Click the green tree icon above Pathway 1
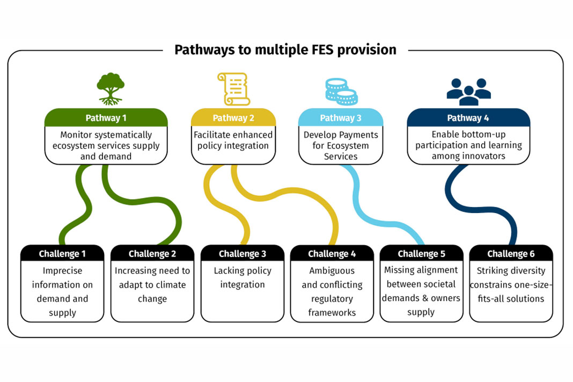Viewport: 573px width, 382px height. pyautogui.click(x=111, y=89)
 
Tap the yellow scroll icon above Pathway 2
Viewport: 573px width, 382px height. pyautogui.click(x=233, y=89)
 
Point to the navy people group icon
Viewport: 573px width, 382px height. pyautogui.click(x=468, y=92)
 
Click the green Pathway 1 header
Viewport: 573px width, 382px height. pyautogui.click(x=106, y=118)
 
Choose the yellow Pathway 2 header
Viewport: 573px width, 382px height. pyautogui.click(x=233, y=118)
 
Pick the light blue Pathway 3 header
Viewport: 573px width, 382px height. pyautogui.click(x=341, y=118)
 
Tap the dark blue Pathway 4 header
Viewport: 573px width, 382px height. pyautogui.click(x=468, y=118)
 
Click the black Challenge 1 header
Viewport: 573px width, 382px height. pyautogui.click(x=62, y=254)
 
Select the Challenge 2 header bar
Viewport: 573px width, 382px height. pyautogui.click(x=152, y=254)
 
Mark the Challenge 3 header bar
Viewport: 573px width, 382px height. pyautogui.click(x=242, y=254)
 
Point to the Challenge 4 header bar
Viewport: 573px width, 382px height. pyautogui.click(x=332, y=254)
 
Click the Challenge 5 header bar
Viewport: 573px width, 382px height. pyautogui.click(x=421, y=254)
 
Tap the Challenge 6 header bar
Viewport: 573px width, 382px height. pyautogui.click(x=511, y=254)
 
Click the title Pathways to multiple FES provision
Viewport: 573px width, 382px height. pyautogui.click(x=285, y=50)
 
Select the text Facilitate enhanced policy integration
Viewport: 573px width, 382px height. pyautogui.click(x=233, y=141)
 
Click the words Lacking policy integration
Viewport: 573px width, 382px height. pyautogui.click(x=242, y=277)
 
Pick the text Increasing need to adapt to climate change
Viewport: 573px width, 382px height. pyautogui.click(x=152, y=284)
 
